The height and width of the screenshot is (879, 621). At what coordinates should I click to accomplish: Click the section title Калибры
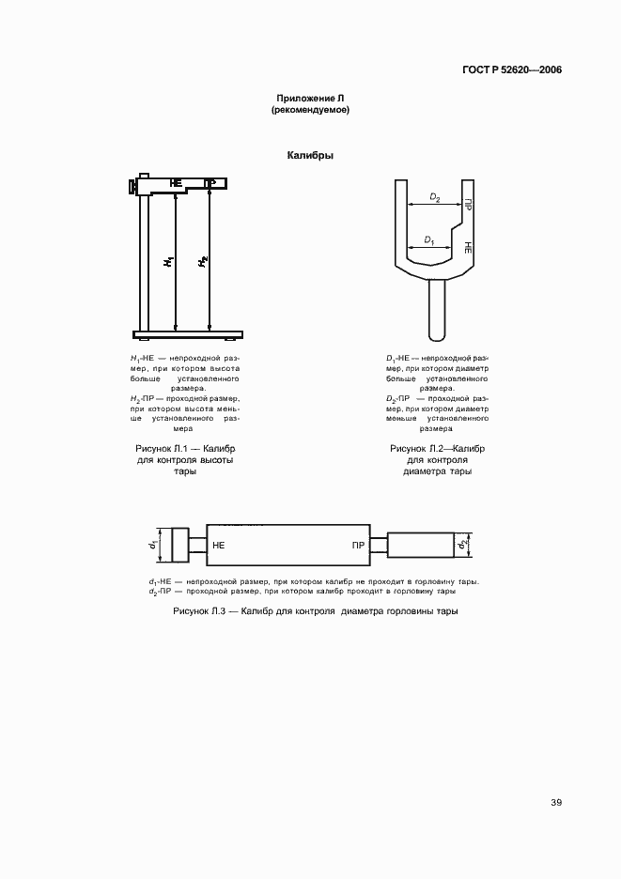pos(310,156)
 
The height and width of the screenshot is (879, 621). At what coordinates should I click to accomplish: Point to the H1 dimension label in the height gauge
pos(165,263)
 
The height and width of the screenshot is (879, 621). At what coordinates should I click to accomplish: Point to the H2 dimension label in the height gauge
pos(201,263)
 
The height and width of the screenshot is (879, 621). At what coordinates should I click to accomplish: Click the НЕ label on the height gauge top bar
pos(176,182)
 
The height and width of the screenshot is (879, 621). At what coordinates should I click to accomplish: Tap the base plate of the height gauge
pos(188,334)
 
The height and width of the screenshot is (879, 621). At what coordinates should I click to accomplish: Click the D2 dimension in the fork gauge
pos(435,197)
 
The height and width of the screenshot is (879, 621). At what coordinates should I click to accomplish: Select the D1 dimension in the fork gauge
pos(428,240)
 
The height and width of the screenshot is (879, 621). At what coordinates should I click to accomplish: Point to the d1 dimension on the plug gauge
pos(152,545)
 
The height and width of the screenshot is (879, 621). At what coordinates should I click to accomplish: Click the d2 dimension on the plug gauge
pos(462,545)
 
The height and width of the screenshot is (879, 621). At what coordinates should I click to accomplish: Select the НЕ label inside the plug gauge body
pos(220,546)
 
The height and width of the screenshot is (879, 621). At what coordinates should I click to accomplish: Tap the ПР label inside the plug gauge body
pos(357,546)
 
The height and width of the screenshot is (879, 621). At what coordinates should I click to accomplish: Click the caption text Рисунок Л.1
pos(184,449)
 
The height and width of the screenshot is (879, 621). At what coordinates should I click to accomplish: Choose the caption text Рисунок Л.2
pos(437,449)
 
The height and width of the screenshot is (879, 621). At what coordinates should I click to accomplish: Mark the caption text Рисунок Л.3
pos(316,611)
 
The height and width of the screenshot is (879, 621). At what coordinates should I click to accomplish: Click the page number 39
pos(556,802)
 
